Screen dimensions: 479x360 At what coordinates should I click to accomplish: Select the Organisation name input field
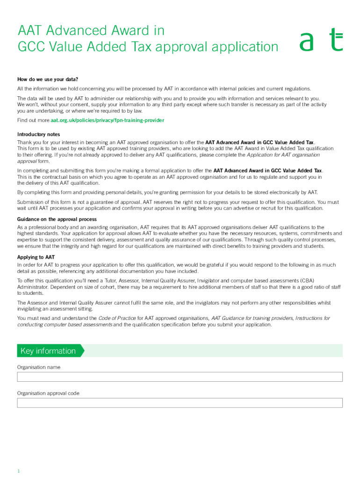[x=180, y=377]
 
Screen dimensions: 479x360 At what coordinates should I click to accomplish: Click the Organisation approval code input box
[x=180, y=403]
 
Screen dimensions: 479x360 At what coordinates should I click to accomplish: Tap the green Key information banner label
[x=48, y=351]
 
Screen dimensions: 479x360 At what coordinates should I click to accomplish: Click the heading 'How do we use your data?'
[x=48, y=79]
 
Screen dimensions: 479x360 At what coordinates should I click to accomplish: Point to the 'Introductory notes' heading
[x=38, y=134]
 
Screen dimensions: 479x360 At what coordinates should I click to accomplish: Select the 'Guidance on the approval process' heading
[x=57, y=219]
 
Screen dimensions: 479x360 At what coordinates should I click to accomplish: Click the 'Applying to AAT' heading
[x=36, y=257]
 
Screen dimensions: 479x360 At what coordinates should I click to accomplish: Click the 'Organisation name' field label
[x=39, y=367]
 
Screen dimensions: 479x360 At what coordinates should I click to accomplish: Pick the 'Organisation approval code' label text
[x=48, y=393]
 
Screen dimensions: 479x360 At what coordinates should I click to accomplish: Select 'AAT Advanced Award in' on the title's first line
[x=91, y=30]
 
